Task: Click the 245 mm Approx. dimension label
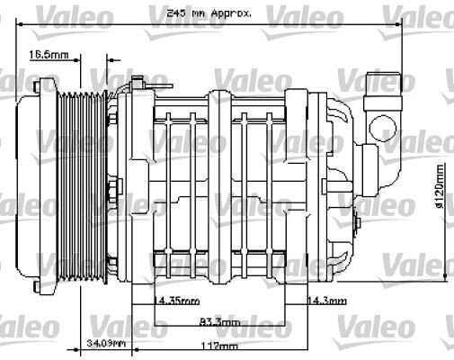click(209, 14)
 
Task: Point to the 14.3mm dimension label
click(326, 300)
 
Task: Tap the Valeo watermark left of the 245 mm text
click(85, 13)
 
